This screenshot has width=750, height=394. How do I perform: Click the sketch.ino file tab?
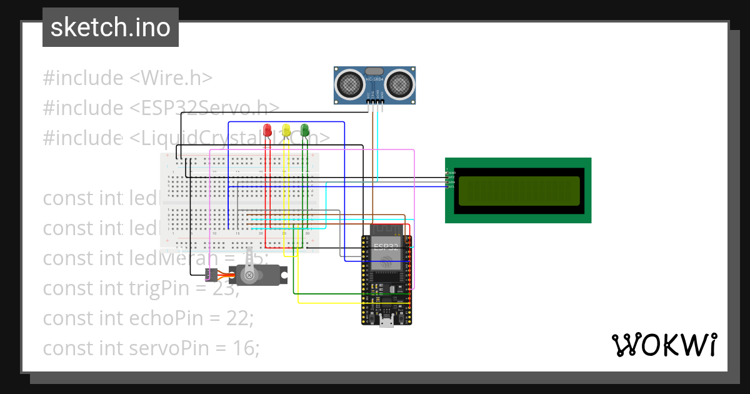111,28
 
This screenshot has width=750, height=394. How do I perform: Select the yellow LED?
286,130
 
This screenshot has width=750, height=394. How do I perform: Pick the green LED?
305,129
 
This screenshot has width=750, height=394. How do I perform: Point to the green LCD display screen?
519,191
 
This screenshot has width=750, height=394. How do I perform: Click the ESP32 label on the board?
386,247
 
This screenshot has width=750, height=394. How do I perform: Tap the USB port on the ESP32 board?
387,321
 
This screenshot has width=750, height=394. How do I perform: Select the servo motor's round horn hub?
249,275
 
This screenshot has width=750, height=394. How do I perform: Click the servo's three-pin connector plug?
212,274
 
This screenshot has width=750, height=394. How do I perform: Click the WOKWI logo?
664,345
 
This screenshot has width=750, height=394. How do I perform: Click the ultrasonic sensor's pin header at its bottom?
374,101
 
